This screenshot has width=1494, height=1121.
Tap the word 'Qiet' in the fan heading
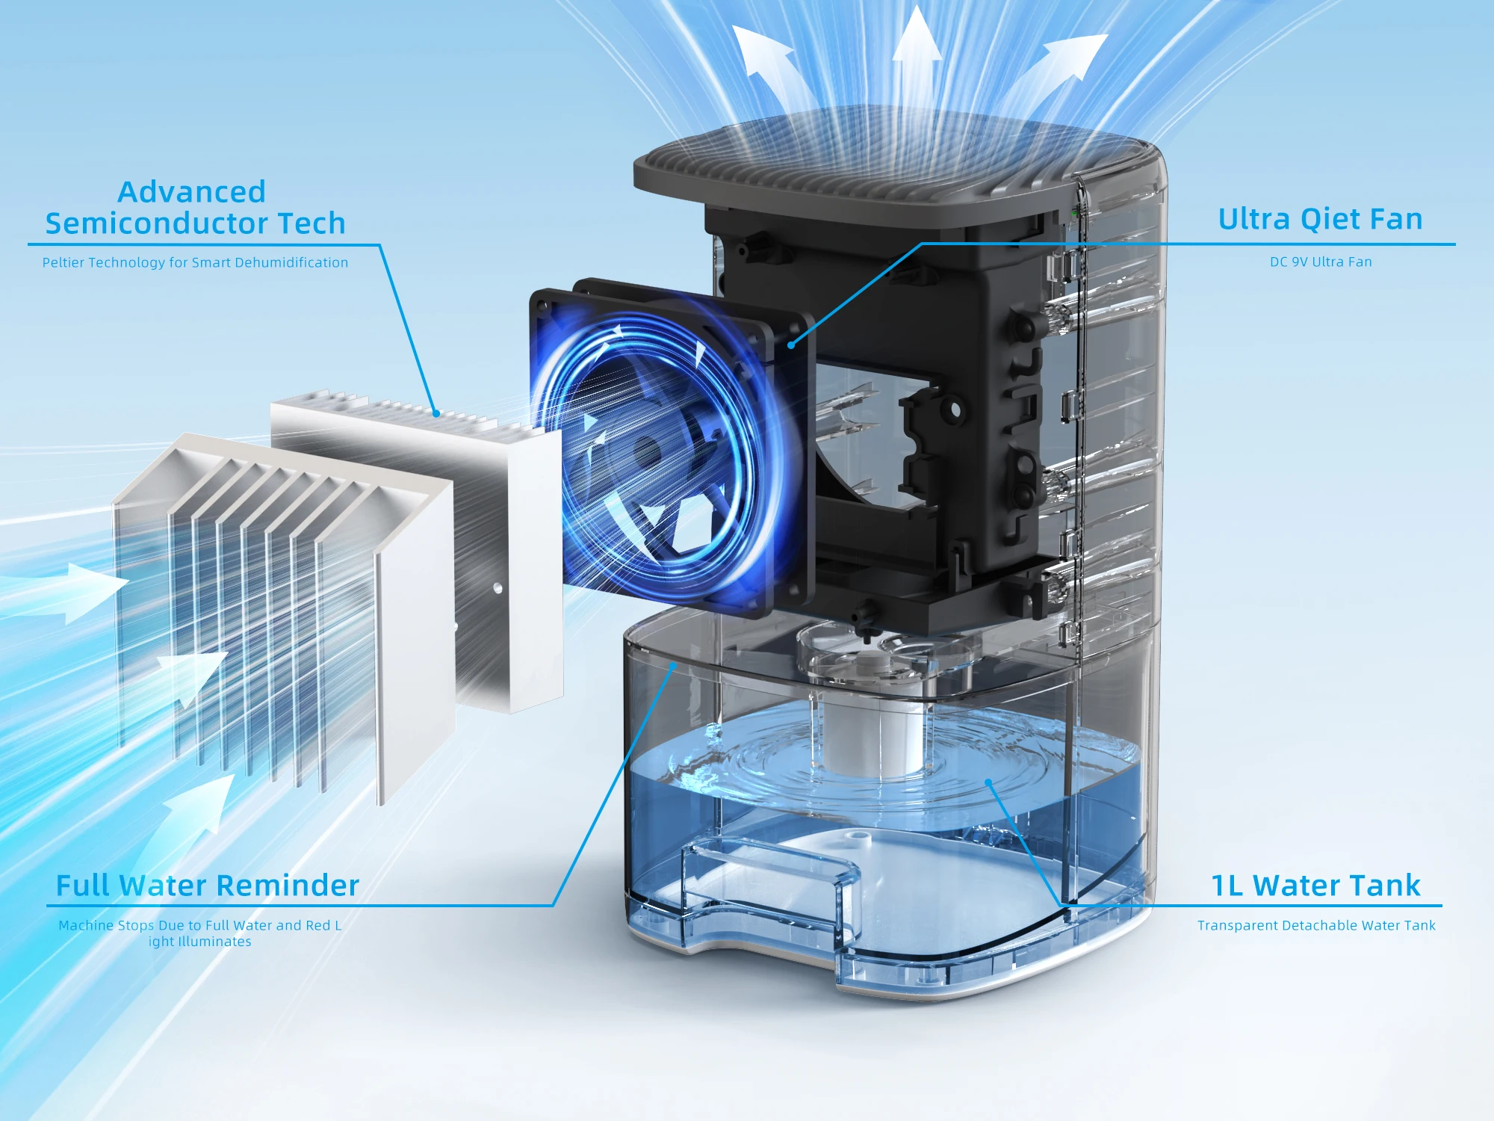click(x=1329, y=220)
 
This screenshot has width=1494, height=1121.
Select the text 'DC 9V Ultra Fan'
click(x=1321, y=262)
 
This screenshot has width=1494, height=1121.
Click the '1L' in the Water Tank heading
click(x=1227, y=886)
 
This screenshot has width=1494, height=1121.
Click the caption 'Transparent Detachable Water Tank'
click(x=1316, y=926)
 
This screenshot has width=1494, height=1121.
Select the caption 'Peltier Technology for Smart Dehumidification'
click(x=195, y=262)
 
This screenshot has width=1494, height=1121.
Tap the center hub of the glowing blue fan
click(x=644, y=451)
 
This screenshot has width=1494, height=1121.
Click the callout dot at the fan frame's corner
click(x=790, y=345)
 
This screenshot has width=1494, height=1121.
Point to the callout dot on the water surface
click(x=988, y=782)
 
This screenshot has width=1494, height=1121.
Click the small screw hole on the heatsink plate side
click(x=498, y=588)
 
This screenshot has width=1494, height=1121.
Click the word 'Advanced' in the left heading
click(x=192, y=192)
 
